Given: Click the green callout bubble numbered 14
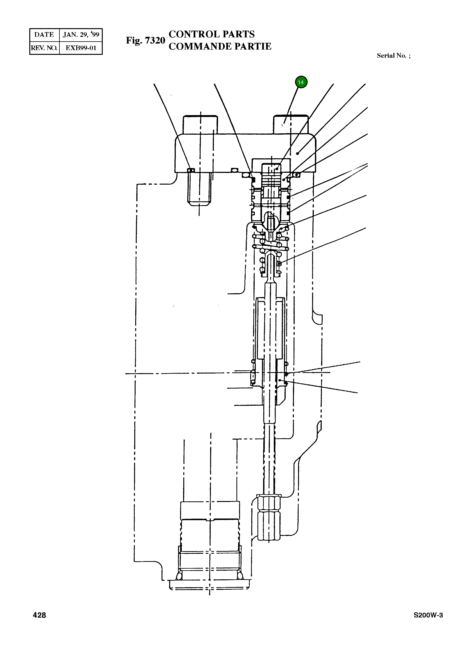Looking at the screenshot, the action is pos(301,82).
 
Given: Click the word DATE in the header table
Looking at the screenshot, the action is pos(44,35).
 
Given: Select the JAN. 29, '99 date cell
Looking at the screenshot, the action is pos(81,35).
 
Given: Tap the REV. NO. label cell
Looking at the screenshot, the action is pos(44,48).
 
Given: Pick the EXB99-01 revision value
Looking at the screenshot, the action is pos(81,48).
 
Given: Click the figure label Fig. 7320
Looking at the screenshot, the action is pos(145,41).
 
